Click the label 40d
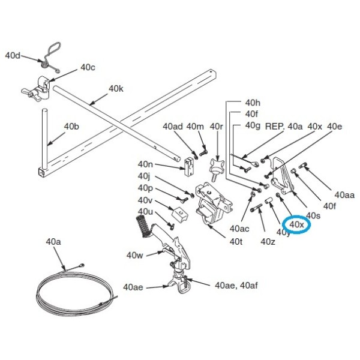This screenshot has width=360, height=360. pyautogui.click(x=13, y=56)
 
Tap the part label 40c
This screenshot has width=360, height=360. pyautogui.click(x=88, y=68)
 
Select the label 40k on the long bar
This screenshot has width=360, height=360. pyautogui.click(x=116, y=89)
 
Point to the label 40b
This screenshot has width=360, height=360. pyautogui.click(x=71, y=127)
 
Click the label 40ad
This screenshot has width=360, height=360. pyautogui.click(x=172, y=127)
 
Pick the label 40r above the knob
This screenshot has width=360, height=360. pyautogui.click(x=216, y=127)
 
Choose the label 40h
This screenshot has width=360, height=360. pyautogui.click(x=253, y=103)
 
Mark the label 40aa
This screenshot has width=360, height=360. pyautogui.click(x=344, y=195)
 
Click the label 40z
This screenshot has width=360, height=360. pyautogui.click(x=268, y=241)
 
